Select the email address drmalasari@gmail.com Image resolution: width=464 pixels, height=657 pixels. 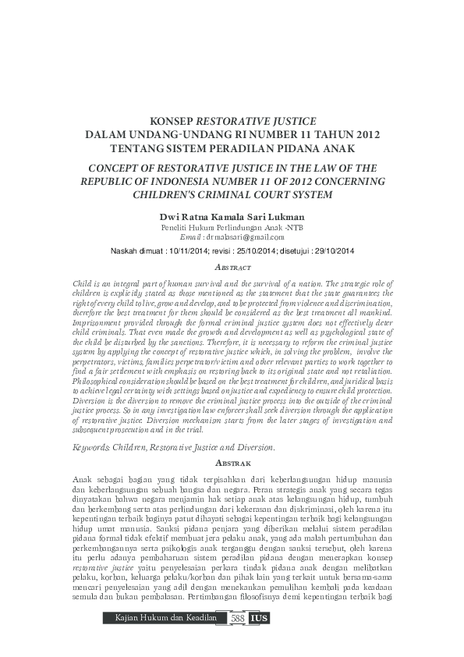[x=245, y=236]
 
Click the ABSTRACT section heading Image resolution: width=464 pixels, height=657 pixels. [x=232, y=265]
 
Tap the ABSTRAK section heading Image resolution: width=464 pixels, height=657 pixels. [x=232, y=463]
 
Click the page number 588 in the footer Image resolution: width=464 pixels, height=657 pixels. [x=237, y=640]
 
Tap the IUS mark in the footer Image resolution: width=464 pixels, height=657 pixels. [x=258, y=640]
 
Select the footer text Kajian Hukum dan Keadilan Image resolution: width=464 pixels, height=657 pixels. [x=165, y=640]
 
